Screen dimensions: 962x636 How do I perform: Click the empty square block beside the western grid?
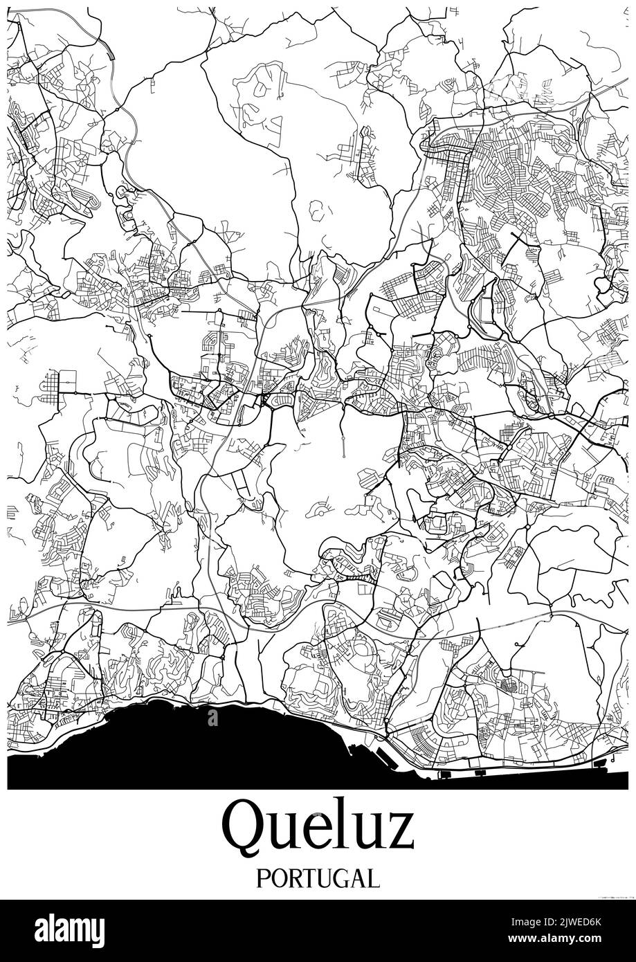[x=68, y=380]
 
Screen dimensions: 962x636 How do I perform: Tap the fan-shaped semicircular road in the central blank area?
[x=321, y=510]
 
